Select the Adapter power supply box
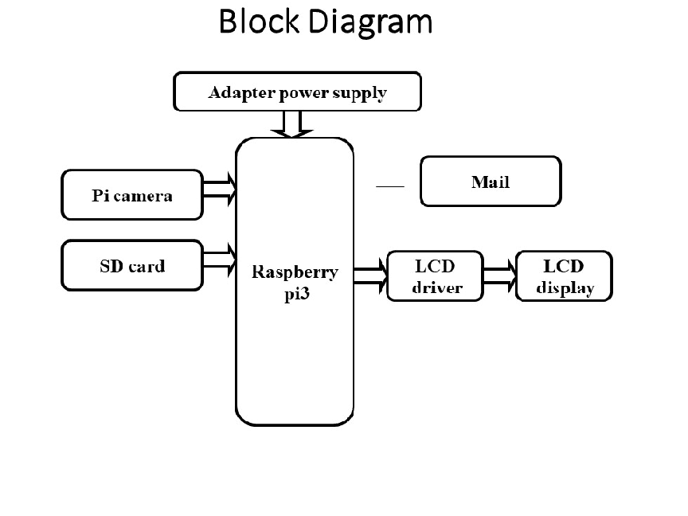click(x=297, y=93)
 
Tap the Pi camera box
click(x=132, y=194)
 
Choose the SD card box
click(x=132, y=265)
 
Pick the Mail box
click(x=490, y=182)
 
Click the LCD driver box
click(x=435, y=276)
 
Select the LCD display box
click(x=564, y=276)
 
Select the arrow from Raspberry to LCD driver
click(x=370, y=275)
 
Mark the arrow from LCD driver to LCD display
click(x=500, y=275)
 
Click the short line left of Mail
click(x=390, y=186)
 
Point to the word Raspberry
click(x=295, y=272)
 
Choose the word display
click(x=565, y=287)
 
